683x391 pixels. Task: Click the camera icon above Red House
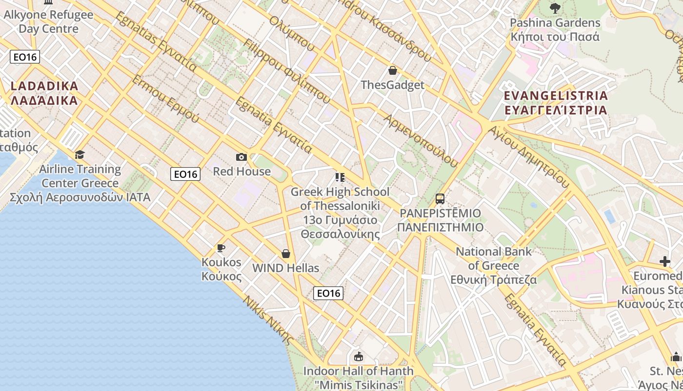tap(241, 157)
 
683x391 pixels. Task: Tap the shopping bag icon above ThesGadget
tap(392, 70)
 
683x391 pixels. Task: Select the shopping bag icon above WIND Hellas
tap(286, 254)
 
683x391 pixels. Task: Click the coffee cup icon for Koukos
tap(221, 248)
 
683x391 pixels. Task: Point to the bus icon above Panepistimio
tap(440, 199)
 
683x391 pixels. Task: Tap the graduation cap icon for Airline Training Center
tap(80, 155)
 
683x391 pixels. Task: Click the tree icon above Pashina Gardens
tap(555, 8)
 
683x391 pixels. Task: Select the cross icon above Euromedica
tap(664, 261)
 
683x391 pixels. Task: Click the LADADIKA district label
tap(44, 93)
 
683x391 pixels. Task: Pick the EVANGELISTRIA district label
tap(556, 102)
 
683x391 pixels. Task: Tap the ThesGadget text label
tap(392, 85)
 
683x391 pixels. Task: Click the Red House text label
tap(241, 172)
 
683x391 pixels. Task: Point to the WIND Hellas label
tap(285, 268)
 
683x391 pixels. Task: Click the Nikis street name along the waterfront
tap(269, 320)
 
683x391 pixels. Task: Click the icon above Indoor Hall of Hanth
tap(359, 356)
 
